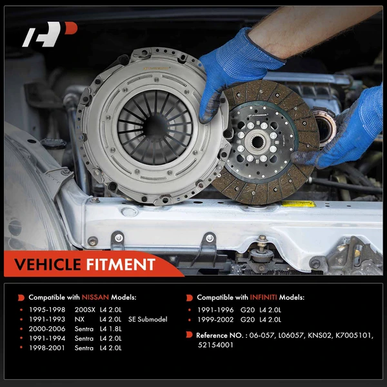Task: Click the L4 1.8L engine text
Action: pos(113,329)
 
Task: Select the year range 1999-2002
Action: pos(216,319)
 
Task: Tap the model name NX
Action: pos(80,319)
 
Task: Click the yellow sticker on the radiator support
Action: pos(297,204)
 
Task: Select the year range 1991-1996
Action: pos(216,310)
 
